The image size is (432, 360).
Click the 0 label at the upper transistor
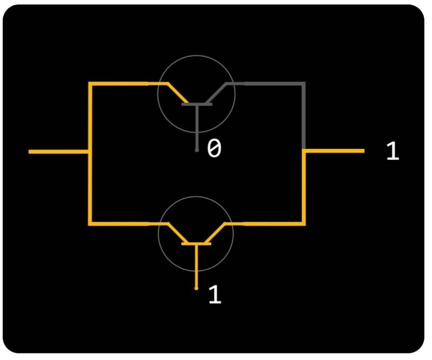pyautogui.click(x=214, y=148)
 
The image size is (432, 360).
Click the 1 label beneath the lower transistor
pyautogui.click(x=215, y=295)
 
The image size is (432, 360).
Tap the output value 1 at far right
pyautogui.click(x=393, y=152)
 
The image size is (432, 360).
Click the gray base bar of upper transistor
pyautogui.click(x=197, y=104)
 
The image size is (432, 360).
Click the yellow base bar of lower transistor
pyautogui.click(x=197, y=244)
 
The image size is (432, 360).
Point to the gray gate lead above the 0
pyautogui.click(x=197, y=127)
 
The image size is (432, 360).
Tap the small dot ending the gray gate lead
pyautogui.click(x=197, y=150)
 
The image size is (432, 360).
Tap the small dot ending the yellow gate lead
pyautogui.click(x=197, y=289)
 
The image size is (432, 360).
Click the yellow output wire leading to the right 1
pyautogui.click(x=335, y=152)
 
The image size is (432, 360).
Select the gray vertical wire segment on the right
pyautogui.click(x=305, y=116)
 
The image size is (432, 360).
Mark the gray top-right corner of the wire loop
pyautogui.click(x=305, y=84)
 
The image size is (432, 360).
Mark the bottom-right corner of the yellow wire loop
pyautogui.click(x=305, y=223)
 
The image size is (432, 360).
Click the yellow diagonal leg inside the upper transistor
pyautogui.click(x=176, y=93)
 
